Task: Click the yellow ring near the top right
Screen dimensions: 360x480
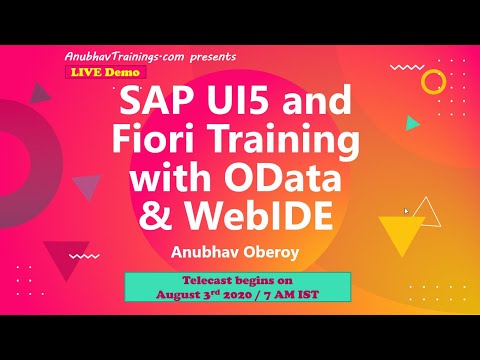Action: [433, 80]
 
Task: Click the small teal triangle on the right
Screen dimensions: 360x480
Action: [412, 124]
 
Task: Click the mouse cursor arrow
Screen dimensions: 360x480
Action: [405, 211]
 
